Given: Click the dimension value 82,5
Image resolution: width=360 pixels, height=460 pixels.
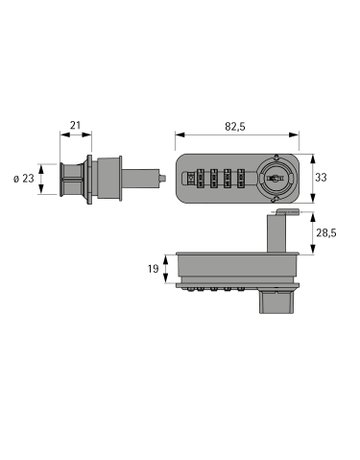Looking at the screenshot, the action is [x=235, y=127].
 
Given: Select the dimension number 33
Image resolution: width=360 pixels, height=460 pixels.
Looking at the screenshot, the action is [x=321, y=178].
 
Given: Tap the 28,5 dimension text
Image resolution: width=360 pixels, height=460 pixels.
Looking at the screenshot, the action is [x=326, y=233].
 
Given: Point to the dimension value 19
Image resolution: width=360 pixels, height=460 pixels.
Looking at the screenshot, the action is [x=153, y=269].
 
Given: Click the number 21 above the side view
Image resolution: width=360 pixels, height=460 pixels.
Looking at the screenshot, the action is [x=75, y=125].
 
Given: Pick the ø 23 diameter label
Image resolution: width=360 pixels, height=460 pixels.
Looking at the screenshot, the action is [x=24, y=179].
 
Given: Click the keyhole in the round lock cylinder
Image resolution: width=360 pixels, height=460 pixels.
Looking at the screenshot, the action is [x=275, y=178].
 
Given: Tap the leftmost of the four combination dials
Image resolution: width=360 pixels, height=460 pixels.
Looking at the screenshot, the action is [x=200, y=179].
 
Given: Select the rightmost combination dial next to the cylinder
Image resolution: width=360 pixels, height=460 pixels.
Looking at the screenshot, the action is [x=241, y=179].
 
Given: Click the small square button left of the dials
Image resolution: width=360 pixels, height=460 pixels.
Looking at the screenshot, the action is [x=190, y=179].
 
